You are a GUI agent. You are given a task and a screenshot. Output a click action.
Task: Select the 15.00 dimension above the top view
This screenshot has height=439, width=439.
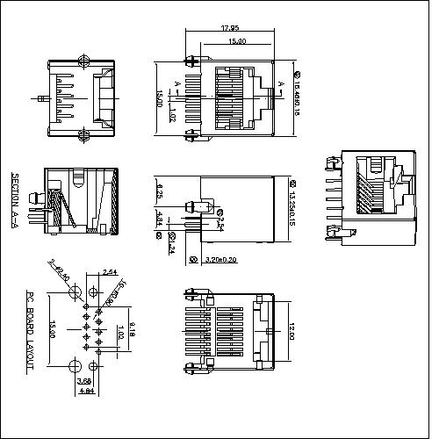(236, 42)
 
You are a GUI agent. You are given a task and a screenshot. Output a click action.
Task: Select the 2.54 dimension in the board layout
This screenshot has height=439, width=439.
(110, 271)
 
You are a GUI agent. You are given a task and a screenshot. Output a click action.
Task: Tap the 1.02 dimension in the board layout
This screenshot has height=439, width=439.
(121, 333)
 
